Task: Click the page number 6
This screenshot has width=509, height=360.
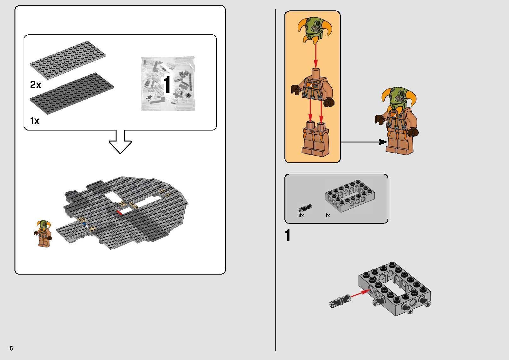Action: (x=11, y=348)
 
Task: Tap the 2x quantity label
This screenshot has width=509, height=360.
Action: (x=36, y=84)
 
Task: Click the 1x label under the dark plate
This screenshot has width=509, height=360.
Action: (x=34, y=120)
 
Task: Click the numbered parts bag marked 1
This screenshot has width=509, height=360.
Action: (x=168, y=84)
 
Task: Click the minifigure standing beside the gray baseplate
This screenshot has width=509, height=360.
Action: (x=43, y=233)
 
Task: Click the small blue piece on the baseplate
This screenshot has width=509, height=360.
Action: (x=84, y=223)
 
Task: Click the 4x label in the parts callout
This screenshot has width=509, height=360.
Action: (x=301, y=216)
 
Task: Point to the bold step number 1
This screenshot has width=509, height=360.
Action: (x=288, y=236)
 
